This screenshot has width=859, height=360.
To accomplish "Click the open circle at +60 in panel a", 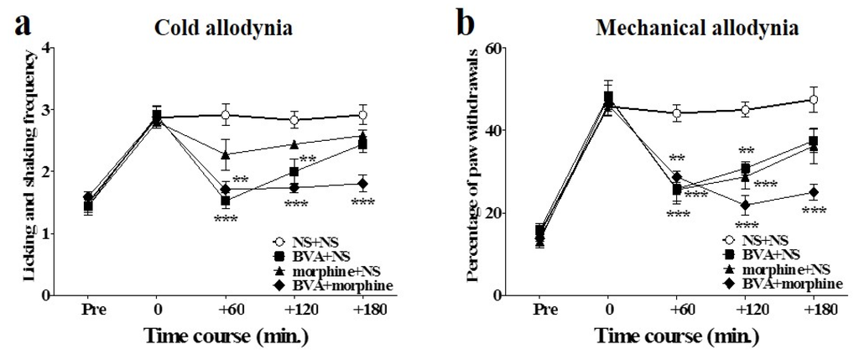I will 225,115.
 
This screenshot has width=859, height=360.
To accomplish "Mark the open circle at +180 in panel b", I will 812,101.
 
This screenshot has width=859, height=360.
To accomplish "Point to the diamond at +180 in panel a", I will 362,184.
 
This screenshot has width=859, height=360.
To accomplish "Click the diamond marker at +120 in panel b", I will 744,205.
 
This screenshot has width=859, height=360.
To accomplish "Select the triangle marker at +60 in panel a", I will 225,154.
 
